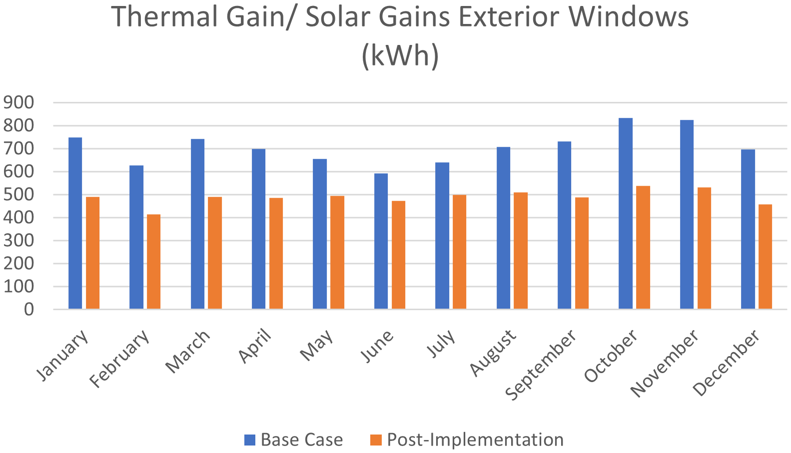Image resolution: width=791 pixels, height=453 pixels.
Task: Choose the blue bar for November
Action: (x=687, y=214)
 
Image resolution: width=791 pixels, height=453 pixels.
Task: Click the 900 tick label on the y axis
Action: (x=19, y=103)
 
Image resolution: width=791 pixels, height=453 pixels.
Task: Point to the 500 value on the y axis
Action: (x=19, y=195)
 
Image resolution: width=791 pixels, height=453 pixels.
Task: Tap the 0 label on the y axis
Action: (x=28, y=310)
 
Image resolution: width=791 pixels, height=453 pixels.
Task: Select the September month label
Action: (x=541, y=365)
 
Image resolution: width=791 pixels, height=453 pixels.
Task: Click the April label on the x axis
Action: (x=255, y=347)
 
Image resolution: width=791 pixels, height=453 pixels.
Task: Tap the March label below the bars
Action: (x=188, y=352)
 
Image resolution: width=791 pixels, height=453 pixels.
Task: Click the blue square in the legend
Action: (x=250, y=440)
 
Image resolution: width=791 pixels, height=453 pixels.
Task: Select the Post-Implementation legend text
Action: (x=475, y=440)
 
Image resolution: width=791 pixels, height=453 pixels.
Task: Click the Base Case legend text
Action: (x=302, y=440)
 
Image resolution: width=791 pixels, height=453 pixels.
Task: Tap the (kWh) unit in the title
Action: (x=400, y=55)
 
